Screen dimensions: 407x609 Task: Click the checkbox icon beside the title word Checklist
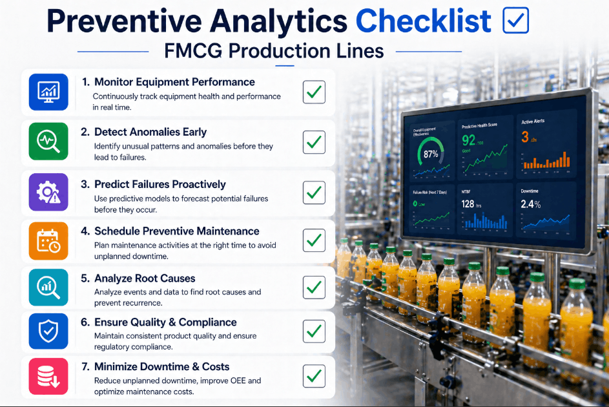click(x=515, y=20)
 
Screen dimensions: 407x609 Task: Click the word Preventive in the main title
click(x=123, y=21)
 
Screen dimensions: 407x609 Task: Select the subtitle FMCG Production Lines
click(x=274, y=50)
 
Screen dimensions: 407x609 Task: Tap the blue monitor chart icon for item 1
click(x=48, y=92)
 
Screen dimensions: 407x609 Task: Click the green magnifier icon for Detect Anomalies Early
click(x=48, y=141)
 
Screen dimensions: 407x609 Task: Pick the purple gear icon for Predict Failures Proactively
click(x=48, y=192)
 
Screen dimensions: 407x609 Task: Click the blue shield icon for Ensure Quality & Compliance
click(x=48, y=331)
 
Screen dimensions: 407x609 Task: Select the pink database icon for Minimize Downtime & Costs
click(x=48, y=376)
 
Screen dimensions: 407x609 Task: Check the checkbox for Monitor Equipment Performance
click(x=314, y=92)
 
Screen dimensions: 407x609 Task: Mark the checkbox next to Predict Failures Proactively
click(x=314, y=192)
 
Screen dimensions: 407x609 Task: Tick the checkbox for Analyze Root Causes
click(x=314, y=287)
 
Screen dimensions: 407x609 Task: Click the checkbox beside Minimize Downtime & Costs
click(x=314, y=375)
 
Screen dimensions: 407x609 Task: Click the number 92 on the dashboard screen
click(x=469, y=140)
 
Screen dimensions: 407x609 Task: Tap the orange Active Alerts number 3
click(x=525, y=137)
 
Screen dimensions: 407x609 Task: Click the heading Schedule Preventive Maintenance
click(x=176, y=231)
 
